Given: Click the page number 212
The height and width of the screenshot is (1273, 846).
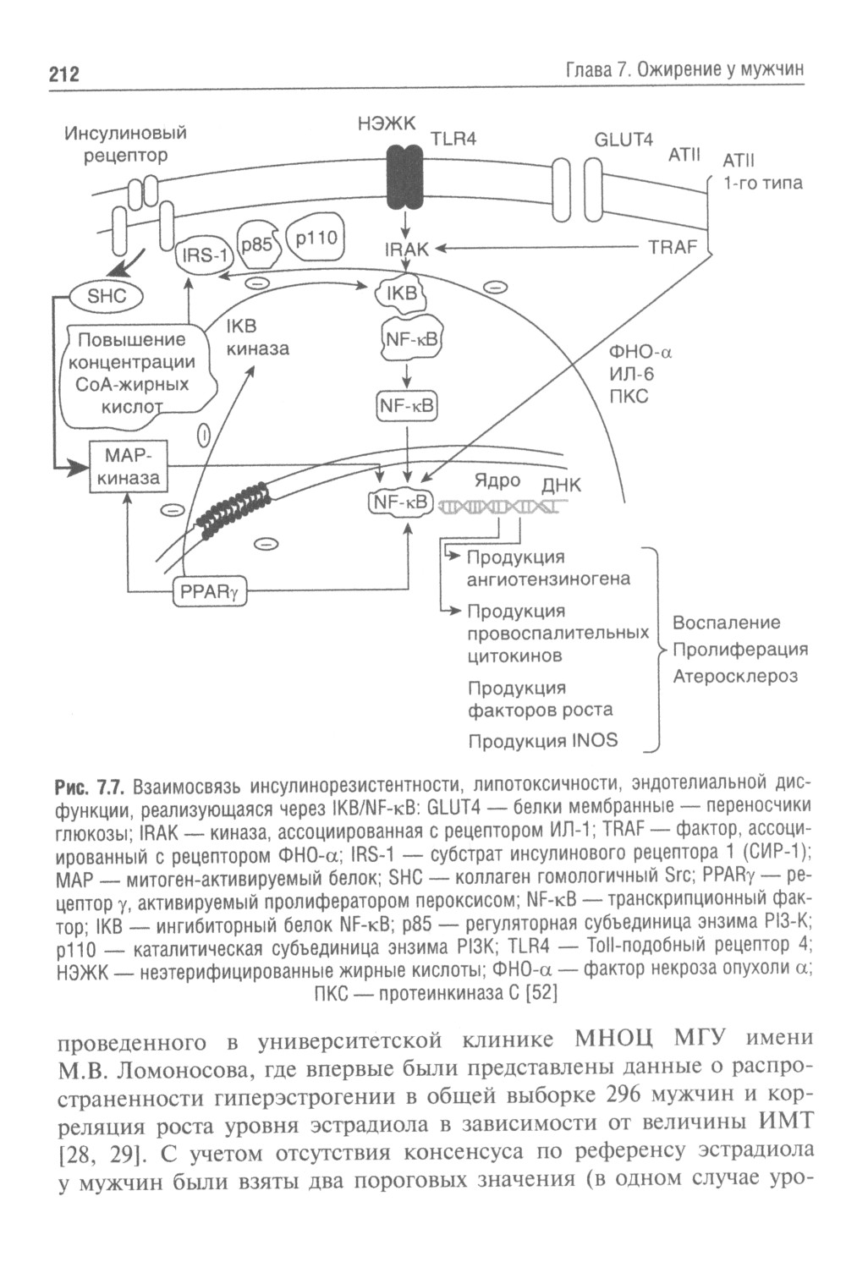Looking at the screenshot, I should click(63, 74).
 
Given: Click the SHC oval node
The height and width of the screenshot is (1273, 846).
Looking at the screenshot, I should click(106, 296).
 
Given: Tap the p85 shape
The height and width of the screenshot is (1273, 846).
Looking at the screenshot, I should click(256, 244).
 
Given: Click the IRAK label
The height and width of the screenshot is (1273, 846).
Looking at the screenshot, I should click(407, 250).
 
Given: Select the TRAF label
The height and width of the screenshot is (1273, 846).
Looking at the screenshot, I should click(673, 247).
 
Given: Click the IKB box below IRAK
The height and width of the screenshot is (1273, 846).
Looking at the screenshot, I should click(402, 294).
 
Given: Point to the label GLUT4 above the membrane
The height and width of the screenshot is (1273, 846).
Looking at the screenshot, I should click(624, 140).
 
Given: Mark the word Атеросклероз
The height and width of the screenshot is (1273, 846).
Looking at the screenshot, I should click(735, 676).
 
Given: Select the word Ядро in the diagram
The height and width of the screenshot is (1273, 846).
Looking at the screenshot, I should click(497, 480).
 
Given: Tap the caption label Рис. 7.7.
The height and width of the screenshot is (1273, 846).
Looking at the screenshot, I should click(90, 787).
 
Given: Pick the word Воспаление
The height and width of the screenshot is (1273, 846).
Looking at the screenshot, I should click(726, 623).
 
